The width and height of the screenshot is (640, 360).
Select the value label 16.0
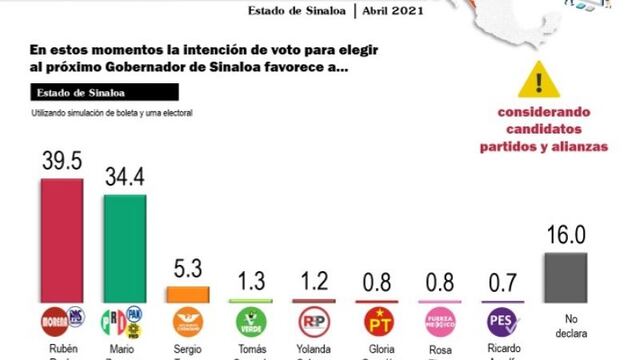(566, 236)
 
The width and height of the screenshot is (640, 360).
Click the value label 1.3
(251, 282)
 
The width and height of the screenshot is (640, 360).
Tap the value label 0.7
(501, 284)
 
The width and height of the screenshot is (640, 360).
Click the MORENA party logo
(56, 322)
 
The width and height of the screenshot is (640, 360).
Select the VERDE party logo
(251, 322)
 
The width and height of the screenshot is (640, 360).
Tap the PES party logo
(502, 321)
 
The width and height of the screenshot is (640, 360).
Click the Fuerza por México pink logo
(441, 321)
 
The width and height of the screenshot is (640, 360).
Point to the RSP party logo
(315, 321)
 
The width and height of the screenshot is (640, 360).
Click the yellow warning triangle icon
(540, 78)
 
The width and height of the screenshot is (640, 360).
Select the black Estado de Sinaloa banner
(105, 92)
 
